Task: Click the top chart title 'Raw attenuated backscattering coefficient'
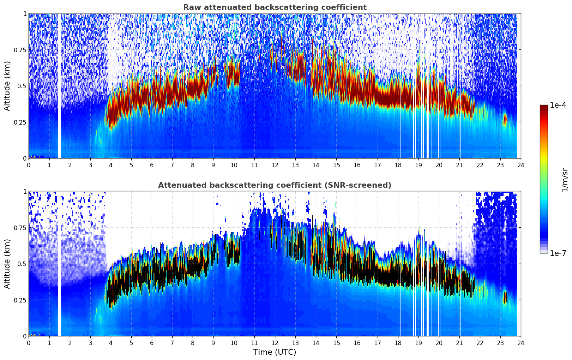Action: tap(275, 7)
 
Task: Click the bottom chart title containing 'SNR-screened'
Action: tap(275, 185)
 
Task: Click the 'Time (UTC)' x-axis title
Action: tap(275, 352)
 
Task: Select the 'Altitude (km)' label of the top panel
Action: tap(7, 86)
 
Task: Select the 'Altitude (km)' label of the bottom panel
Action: tap(7, 264)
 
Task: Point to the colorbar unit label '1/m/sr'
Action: tap(565, 179)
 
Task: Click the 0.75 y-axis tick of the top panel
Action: tap(20, 50)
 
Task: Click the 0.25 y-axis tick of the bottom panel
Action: tap(20, 300)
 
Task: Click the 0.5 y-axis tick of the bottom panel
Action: tap(22, 264)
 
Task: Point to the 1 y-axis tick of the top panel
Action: tap(25, 14)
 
